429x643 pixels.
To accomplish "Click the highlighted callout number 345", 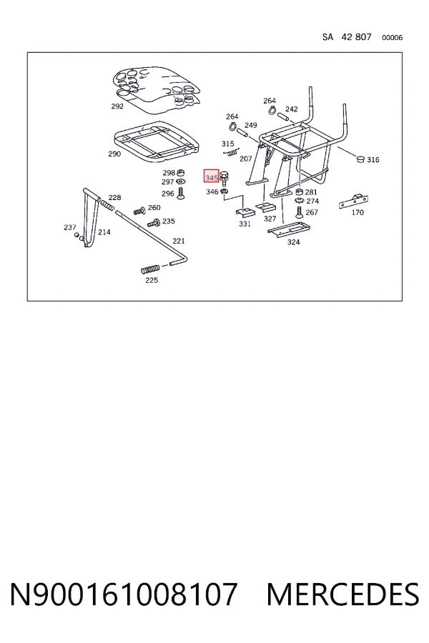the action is pyautogui.click(x=212, y=178).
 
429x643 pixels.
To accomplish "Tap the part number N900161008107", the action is pyautogui.click(x=124, y=594).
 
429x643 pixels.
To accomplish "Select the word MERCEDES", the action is pyautogui.click(x=342, y=594).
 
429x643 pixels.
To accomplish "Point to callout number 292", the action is pyautogui.click(x=117, y=106).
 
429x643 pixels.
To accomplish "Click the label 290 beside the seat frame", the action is pyautogui.click(x=114, y=154).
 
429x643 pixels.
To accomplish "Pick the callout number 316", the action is pyautogui.click(x=373, y=159).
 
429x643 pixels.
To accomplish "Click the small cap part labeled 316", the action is pyautogui.click(x=360, y=159).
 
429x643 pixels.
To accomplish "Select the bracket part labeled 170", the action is pyautogui.click(x=353, y=201).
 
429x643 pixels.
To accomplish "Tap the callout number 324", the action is pyautogui.click(x=293, y=242).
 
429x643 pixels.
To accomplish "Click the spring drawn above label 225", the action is pyautogui.click(x=150, y=269).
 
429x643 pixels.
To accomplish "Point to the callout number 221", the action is pyautogui.click(x=179, y=241).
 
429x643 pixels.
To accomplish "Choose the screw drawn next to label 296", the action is pyautogui.click(x=179, y=193).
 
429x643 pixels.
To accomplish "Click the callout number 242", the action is pyautogui.click(x=292, y=109).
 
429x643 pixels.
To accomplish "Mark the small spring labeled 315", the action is pyautogui.click(x=232, y=152).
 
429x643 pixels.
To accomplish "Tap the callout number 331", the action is pyautogui.click(x=245, y=224).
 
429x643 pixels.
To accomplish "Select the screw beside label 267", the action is pyautogui.click(x=300, y=212).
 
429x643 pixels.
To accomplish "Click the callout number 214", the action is pyautogui.click(x=104, y=232).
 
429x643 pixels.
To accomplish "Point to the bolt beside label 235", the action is pyautogui.click(x=154, y=223).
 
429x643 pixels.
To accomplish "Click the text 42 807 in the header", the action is pyautogui.click(x=356, y=37).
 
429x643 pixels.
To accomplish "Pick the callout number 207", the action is pyautogui.click(x=245, y=159).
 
